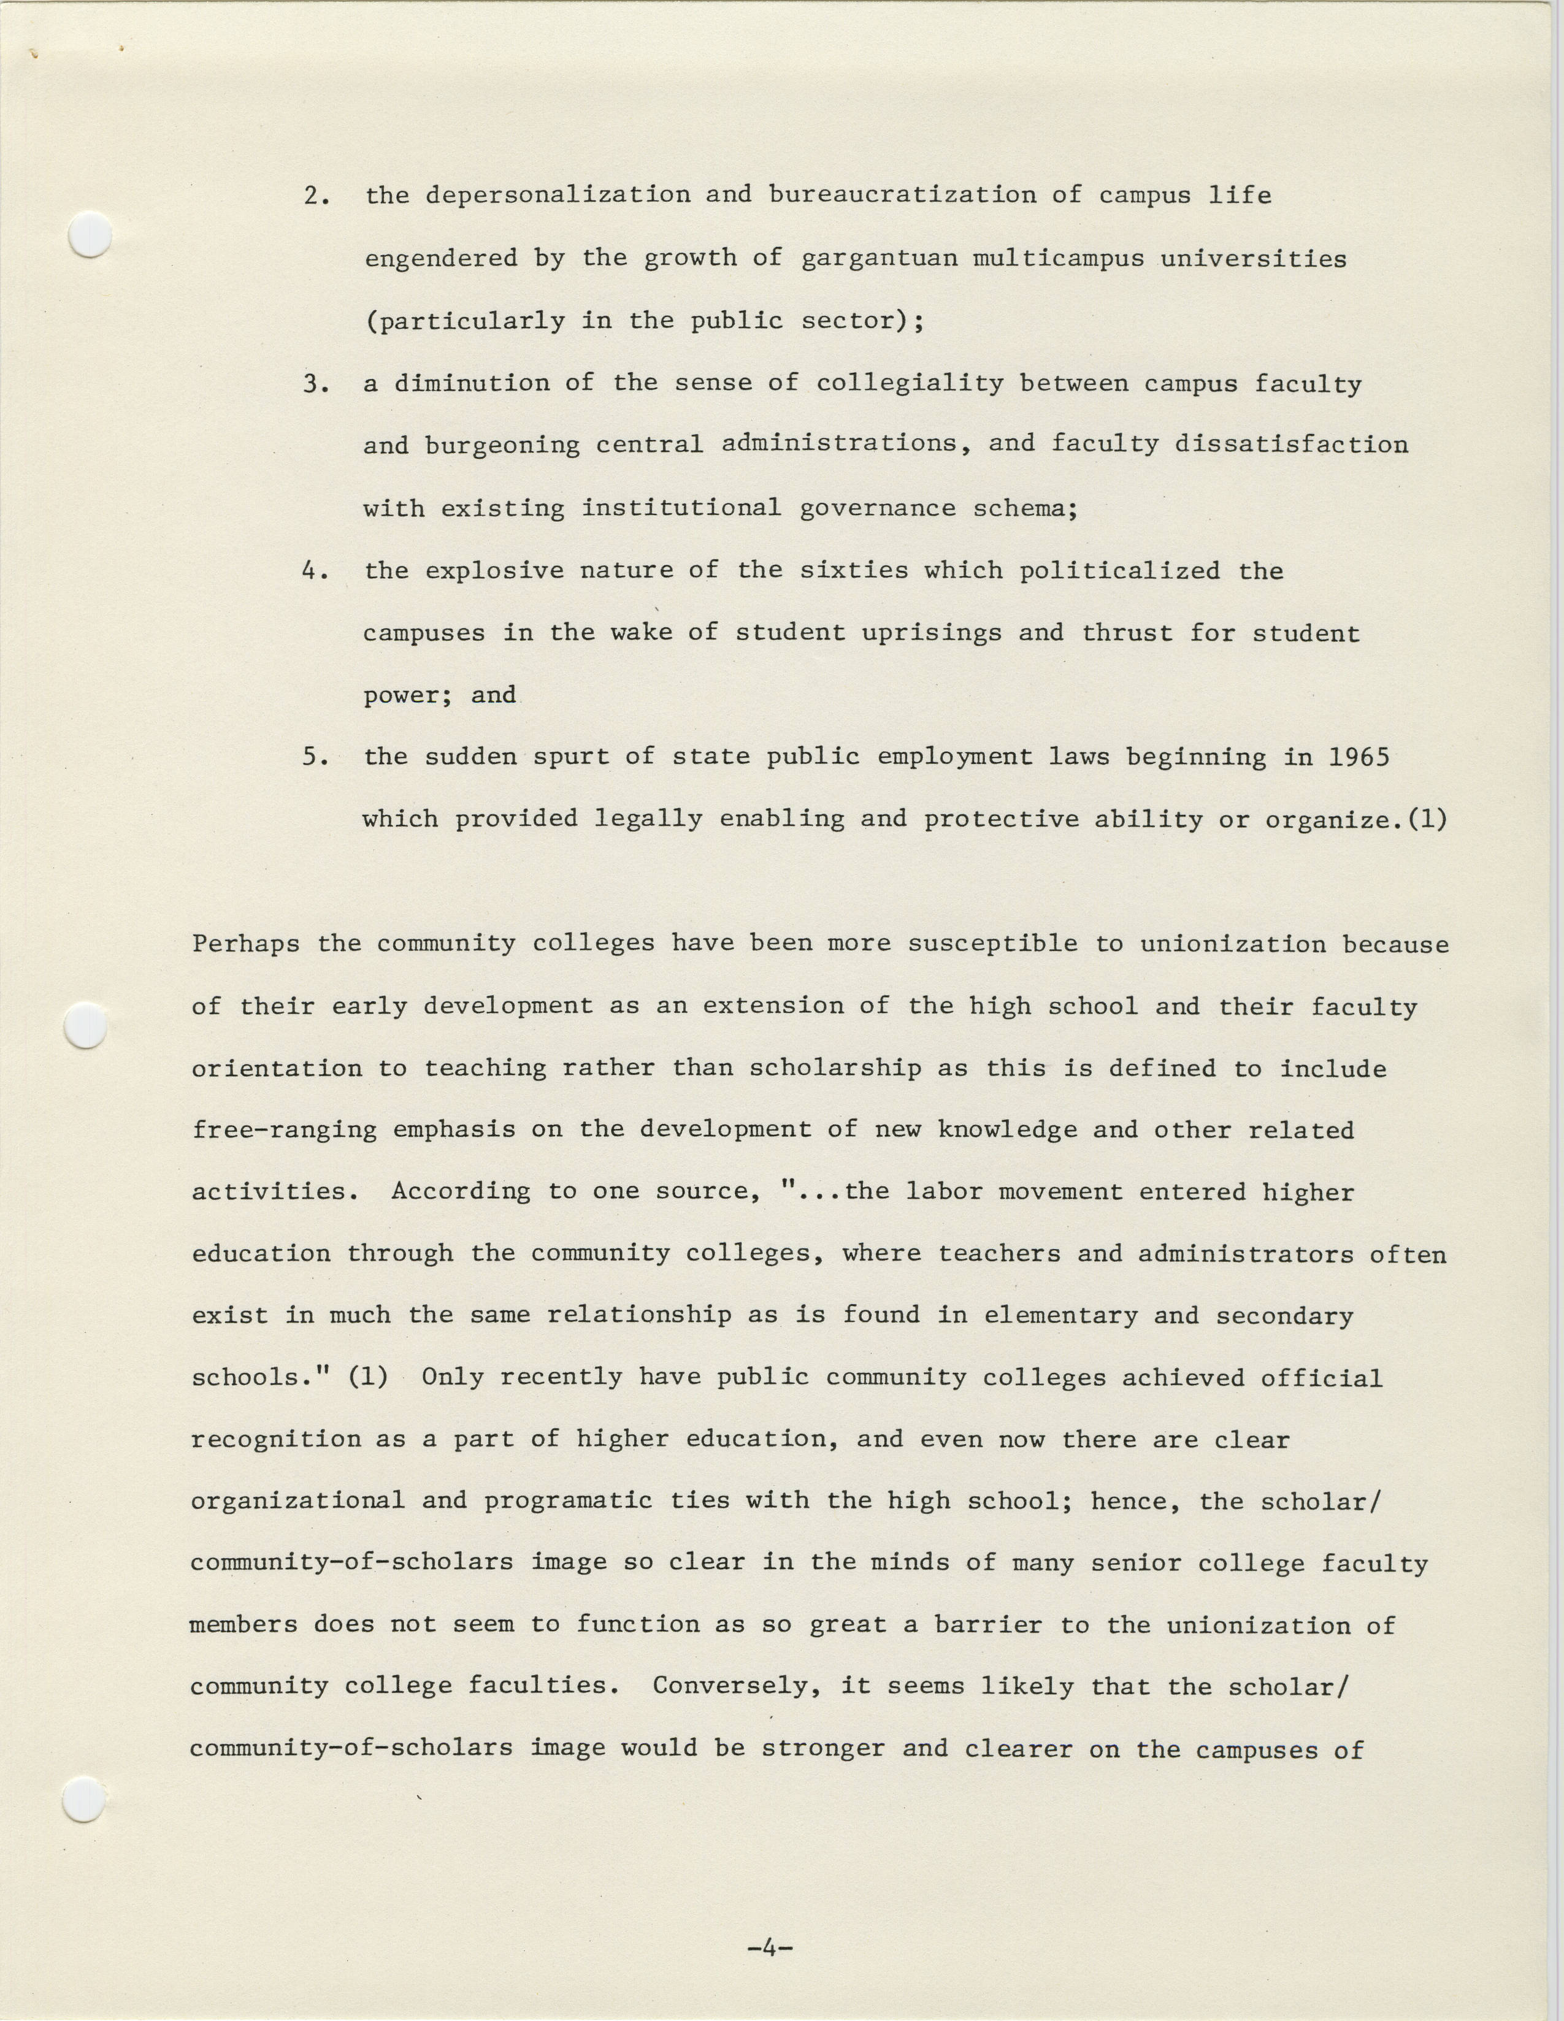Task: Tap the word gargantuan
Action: [878, 258]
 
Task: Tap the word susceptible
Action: [992, 944]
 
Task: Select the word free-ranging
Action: [284, 1131]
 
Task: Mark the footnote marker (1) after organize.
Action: [1426, 820]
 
